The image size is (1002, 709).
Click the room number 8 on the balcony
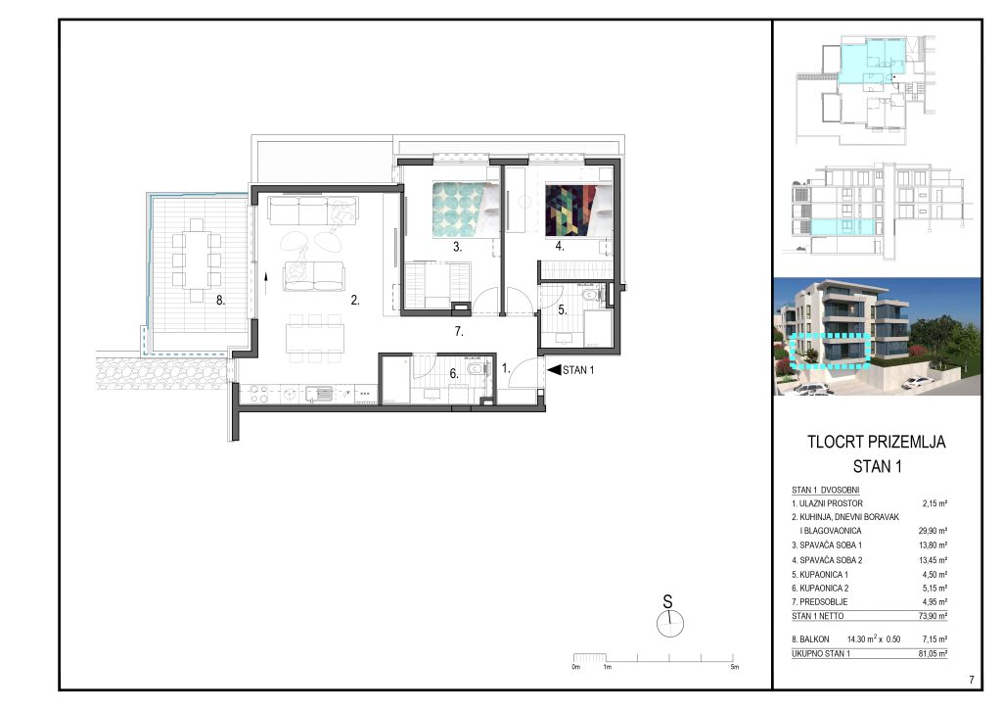point(220,300)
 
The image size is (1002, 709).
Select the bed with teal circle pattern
point(465,210)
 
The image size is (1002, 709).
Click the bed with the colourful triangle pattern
point(578,210)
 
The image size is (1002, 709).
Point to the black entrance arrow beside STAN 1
point(554,369)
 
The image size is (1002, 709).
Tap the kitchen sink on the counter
point(320,393)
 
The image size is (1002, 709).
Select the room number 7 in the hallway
point(459,331)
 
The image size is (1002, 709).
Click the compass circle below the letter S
point(670,624)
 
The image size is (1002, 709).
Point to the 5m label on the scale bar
point(735,667)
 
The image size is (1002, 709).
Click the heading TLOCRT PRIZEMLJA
point(876,442)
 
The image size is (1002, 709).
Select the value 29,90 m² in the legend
point(933,531)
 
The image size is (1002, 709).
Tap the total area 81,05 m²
point(933,653)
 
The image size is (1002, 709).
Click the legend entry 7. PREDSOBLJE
point(820,601)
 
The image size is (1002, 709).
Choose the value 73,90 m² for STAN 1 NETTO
point(933,616)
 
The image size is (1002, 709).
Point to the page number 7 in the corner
point(972,680)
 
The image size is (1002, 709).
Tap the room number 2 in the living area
point(354,300)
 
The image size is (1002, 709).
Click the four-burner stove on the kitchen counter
point(258,393)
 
